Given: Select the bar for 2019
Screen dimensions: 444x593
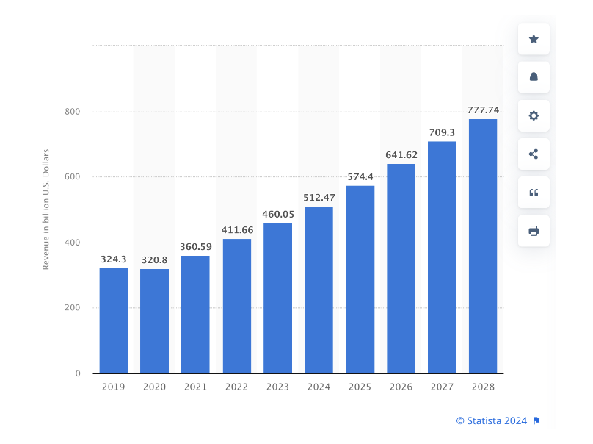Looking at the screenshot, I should click(x=114, y=321).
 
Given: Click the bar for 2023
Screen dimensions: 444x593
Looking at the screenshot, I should click(x=277, y=298).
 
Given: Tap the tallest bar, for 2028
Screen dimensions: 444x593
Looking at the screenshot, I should click(x=483, y=246).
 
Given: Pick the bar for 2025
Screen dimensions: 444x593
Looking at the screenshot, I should click(x=360, y=279).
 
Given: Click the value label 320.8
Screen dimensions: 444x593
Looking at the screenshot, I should click(x=154, y=259).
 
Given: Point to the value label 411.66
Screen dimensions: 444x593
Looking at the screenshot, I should click(x=236, y=230).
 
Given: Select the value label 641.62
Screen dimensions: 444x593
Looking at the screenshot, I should click(x=401, y=155).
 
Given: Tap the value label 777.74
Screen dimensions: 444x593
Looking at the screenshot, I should click(x=483, y=110).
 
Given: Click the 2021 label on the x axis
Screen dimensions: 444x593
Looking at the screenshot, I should click(x=195, y=387).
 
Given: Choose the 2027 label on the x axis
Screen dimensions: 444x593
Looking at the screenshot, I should click(x=442, y=387).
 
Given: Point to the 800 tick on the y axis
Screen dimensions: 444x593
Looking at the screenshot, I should click(x=72, y=112).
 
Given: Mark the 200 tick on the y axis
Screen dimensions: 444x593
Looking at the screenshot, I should click(x=72, y=308).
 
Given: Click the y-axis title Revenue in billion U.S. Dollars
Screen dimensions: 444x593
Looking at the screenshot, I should click(x=46, y=210).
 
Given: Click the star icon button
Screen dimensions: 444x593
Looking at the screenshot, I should click(x=534, y=39).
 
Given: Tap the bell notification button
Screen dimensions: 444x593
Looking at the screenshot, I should click(x=534, y=77).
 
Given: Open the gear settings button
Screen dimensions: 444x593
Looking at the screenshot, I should click(x=534, y=115).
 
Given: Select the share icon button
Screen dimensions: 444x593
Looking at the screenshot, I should click(x=534, y=154).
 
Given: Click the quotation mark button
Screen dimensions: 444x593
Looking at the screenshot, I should click(x=534, y=192).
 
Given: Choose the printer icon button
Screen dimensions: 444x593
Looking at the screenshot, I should click(x=534, y=230).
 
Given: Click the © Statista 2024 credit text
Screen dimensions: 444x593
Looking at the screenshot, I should click(x=492, y=420).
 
